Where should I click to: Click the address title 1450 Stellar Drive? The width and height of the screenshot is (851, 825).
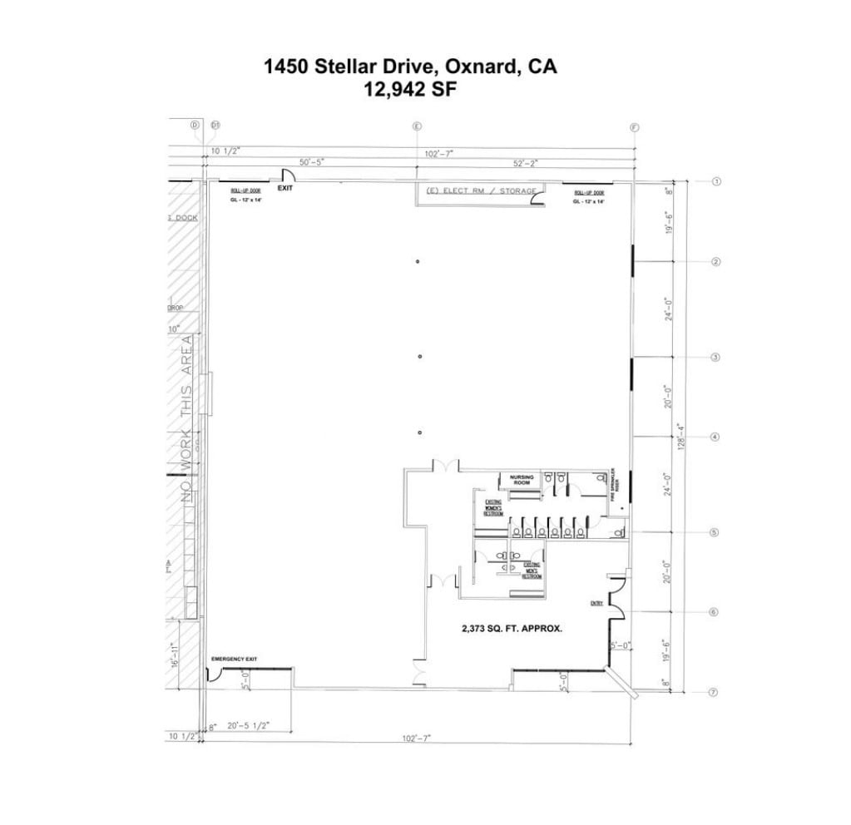click(410, 67)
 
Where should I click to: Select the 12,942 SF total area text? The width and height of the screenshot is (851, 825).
click(410, 90)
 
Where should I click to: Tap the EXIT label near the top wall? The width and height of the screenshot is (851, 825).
click(285, 188)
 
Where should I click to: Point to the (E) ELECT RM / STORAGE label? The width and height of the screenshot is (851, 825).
click(481, 191)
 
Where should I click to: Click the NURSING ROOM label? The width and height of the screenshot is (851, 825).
click(522, 480)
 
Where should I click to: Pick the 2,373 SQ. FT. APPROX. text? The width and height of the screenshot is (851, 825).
click(512, 629)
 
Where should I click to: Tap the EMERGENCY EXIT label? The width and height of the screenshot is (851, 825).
click(234, 659)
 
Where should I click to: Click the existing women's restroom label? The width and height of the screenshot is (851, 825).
click(493, 507)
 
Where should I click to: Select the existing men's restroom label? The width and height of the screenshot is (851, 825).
click(532, 571)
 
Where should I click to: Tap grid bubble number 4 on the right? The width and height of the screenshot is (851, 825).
click(715, 437)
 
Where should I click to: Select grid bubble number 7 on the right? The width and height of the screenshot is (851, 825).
click(713, 692)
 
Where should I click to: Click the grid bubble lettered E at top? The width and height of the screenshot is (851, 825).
click(417, 126)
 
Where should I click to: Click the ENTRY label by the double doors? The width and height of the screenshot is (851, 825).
click(596, 603)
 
